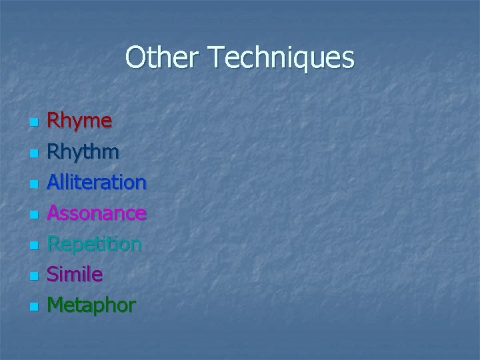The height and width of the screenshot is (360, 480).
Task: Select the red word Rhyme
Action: [79, 121]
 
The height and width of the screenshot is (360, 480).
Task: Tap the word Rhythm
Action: [83, 152]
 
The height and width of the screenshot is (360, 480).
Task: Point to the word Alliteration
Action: [97, 182]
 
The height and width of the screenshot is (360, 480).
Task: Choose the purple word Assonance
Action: [97, 213]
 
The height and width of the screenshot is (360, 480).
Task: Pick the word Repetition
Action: [94, 244]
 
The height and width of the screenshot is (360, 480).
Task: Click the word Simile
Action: [75, 274]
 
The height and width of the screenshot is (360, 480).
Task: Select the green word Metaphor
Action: [91, 305]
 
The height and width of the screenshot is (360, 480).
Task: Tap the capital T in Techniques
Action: [215, 58]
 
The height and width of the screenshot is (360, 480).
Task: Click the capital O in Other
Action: [135, 58]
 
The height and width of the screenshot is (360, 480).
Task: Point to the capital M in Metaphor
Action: [56, 305]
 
